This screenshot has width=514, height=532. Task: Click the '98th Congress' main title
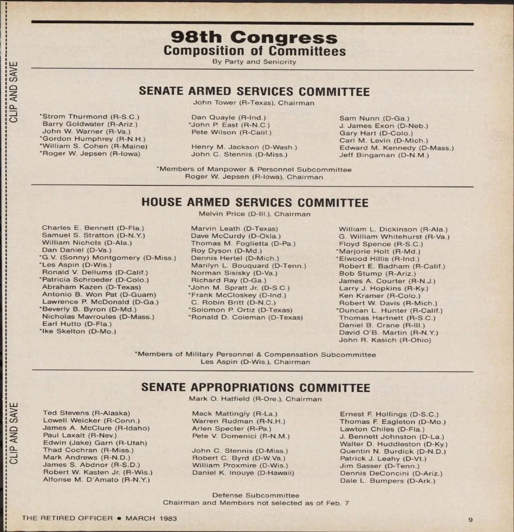[254, 37]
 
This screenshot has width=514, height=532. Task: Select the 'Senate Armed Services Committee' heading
[254, 91]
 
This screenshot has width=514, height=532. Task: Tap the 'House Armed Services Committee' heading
[255, 202]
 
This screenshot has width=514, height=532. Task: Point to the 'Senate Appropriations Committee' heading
[256, 388]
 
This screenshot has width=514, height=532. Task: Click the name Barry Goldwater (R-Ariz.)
[90, 124]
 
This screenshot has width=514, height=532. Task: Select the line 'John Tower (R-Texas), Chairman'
[254, 103]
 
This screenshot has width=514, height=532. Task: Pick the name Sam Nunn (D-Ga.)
[374, 118]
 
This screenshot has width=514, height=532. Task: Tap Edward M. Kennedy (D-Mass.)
[397, 148]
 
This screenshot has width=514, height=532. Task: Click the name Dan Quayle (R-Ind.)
[228, 117]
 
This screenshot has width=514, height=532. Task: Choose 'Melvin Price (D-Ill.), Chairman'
[254, 214]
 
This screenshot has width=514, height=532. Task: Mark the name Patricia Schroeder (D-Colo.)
[95, 280]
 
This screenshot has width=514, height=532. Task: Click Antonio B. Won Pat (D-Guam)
[99, 295]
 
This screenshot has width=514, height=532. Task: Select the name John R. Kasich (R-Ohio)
[385, 340]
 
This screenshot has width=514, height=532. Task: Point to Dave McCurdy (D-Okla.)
[236, 236]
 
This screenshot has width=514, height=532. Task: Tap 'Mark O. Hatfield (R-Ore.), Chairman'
[255, 399]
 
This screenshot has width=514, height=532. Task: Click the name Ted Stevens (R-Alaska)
[86, 413]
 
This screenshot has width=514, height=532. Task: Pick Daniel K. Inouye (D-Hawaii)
[243, 473]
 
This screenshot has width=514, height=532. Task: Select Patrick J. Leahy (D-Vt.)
[383, 459]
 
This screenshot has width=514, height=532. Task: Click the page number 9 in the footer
[470, 520]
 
